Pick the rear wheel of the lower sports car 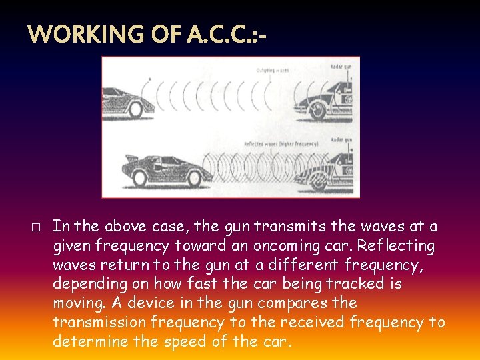tap(140, 179)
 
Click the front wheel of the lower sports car tap(195, 179)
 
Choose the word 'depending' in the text tap(93, 285)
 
